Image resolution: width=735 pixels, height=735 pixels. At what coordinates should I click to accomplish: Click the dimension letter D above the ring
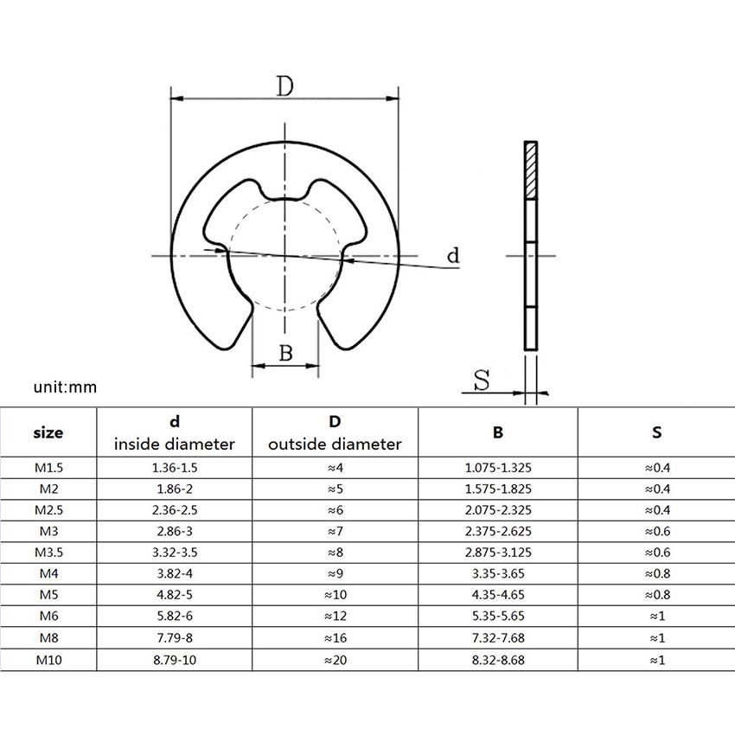click(x=284, y=86)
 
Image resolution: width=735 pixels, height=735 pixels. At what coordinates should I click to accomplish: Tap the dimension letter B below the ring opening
click(x=286, y=353)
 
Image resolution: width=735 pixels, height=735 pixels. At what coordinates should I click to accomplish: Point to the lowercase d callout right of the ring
click(x=453, y=255)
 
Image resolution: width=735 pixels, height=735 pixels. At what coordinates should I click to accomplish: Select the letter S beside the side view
click(x=482, y=380)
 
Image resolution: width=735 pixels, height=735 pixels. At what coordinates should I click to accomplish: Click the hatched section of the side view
click(x=531, y=170)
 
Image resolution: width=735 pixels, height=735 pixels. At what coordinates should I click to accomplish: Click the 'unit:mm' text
click(x=65, y=387)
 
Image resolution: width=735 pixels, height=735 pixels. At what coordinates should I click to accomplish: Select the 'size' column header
click(x=48, y=432)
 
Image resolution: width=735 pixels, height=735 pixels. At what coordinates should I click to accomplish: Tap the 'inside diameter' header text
click(x=175, y=444)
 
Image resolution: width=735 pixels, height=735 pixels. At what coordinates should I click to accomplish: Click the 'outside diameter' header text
click(x=335, y=444)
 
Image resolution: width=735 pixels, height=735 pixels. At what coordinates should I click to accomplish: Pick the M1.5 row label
click(x=48, y=468)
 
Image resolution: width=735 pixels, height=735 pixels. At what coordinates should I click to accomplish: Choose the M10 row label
click(x=48, y=660)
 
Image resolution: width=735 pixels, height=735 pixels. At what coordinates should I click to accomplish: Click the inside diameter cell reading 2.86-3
click(x=175, y=531)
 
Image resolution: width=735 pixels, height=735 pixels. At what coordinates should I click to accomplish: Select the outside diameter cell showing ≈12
click(x=336, y=616)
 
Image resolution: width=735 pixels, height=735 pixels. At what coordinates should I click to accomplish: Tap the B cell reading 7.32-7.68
click(x=498, y=638)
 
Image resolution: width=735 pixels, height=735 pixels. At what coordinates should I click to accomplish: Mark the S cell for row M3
click(x=657, y=531)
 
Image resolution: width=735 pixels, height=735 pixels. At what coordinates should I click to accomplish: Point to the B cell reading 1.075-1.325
click(x=498, y=468)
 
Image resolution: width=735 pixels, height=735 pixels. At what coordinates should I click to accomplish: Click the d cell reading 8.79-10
click(x=175, y=660)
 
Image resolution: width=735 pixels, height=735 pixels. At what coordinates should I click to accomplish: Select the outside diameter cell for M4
click(x=336, y=573)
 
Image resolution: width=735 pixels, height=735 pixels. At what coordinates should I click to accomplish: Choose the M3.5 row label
click(x=48, y=553)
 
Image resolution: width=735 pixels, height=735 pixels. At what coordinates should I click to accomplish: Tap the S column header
click(x=656, y=432)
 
